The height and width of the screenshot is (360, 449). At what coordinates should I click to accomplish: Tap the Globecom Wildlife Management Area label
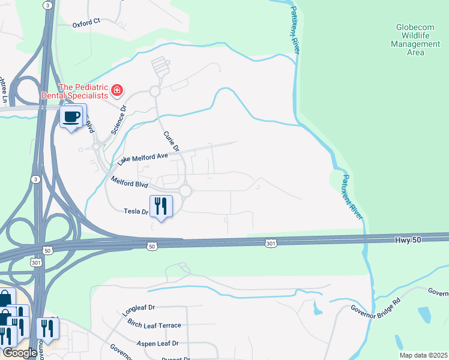(x=415, y=40)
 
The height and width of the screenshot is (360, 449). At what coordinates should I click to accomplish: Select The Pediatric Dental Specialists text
(x=75, y=91)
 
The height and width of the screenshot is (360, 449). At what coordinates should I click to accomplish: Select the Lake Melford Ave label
(x=142, y=158)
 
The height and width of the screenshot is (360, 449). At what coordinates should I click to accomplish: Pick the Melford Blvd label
(x=129, y=182)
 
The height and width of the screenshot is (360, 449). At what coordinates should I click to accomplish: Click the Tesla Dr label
(x=135, y=211)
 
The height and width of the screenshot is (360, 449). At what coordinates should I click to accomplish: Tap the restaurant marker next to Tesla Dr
(x=161, y=206)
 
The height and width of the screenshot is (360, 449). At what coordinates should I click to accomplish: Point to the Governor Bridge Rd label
(x=375, y=313)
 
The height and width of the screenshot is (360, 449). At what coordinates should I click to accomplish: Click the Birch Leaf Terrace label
(x=154, y=325)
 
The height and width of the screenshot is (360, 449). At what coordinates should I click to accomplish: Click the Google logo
(x=19, y=353)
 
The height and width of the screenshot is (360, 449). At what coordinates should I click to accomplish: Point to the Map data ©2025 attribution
(x=423, y=355)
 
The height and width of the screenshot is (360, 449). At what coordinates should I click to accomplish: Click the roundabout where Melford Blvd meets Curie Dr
(x=185, y=191)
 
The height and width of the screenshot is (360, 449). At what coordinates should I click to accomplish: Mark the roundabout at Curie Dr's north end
(x=155, y=91)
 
